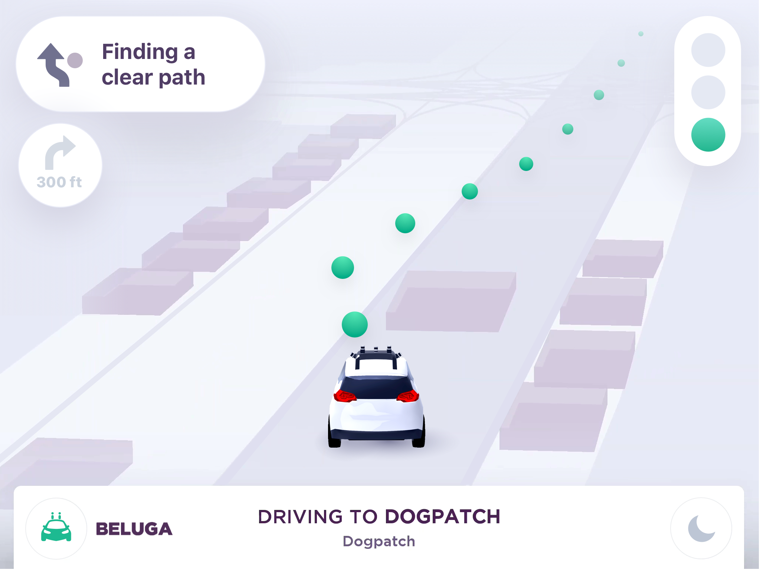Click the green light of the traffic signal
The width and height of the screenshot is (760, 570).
pos(708,135)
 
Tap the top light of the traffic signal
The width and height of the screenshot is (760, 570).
pos(708,50)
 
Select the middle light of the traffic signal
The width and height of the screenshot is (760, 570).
pos(708,92)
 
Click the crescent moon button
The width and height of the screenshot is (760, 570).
pos(701,528)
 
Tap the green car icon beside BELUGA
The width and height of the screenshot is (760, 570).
pos(56,527)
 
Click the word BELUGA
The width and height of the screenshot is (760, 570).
pos(134,529)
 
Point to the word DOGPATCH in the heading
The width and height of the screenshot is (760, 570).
pos(443,517)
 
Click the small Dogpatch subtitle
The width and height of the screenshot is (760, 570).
pos(379,541)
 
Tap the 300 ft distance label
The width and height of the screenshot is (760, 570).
pos(59,182)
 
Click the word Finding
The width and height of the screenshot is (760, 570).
pos(140,52)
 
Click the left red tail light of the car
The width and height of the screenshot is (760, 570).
pos(345,396)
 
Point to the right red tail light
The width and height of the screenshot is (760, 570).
pos(408,396)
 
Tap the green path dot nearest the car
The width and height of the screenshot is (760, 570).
pos(355,324)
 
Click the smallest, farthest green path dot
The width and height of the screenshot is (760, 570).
pos(641,34)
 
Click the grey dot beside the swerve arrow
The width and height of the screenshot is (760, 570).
pos(75,60)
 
